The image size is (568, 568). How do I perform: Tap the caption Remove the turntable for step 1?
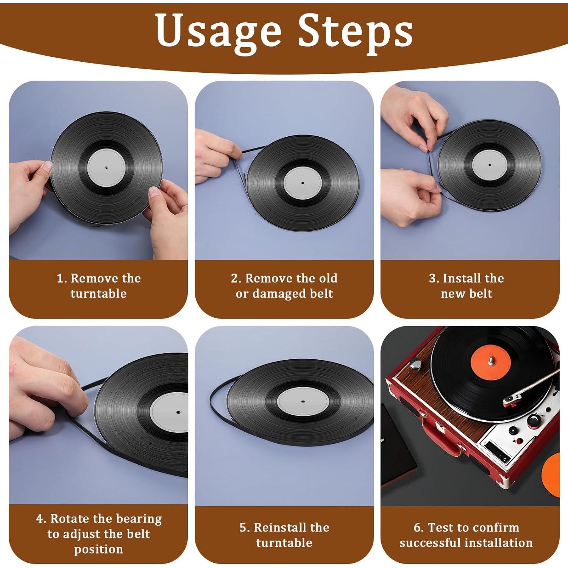tap(98, 286)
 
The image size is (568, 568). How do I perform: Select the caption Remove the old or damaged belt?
tap(284, 286)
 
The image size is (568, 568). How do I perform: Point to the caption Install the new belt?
tap(467, 286)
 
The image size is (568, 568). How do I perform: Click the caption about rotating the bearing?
tap(98, 534)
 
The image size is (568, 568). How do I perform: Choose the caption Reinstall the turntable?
tap(284, 535)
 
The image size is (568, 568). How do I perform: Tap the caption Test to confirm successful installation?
tap(467, 535)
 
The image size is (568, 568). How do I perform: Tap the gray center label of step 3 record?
tap(490, 165)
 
